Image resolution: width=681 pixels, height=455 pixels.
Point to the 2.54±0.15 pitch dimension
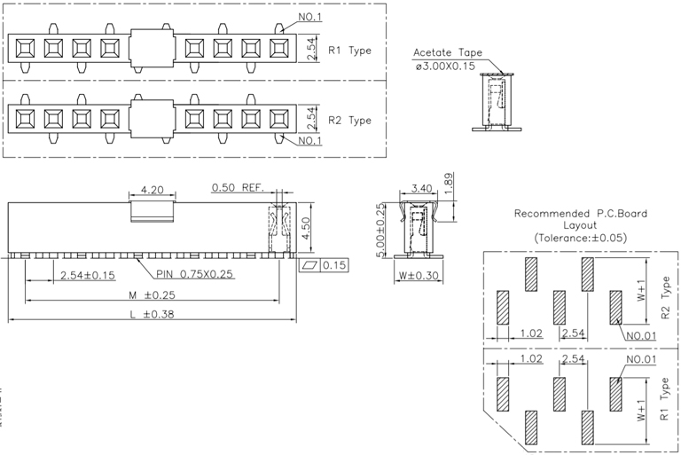pyautogui.click(x=88, y=275)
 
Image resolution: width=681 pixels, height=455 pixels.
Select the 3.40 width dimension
pyautogui.click(x=422, y=189)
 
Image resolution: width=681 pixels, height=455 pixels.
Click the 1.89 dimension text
pyautogui.click(x=449, y=182)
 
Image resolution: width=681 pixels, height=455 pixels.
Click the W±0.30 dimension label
pyautogui.click(x=419, y=275)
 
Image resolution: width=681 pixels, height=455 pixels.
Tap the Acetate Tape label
pyautogui.click(x=448, y=52)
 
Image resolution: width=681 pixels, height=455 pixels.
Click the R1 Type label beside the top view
pyautogui.click(x=350, y=51)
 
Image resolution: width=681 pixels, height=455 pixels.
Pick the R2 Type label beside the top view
pyautogui.click(x=350, y=120)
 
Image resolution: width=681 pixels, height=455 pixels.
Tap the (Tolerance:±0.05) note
pyautogui.click(x=580, y=239)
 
